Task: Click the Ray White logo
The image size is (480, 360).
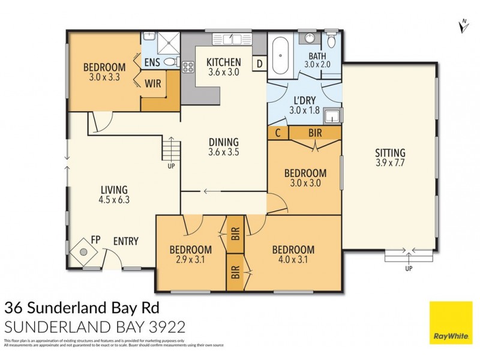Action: (x=451, y=323)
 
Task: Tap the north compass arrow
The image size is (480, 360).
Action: (x=463, y=25)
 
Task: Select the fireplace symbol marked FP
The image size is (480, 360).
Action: (x=82, y=251)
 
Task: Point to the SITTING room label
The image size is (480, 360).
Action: (x=391, y=153)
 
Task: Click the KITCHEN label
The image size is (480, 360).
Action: (x=224, y=62)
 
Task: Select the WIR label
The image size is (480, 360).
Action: (x=152, y=84)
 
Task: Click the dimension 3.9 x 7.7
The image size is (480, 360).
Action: (x=391, y=163)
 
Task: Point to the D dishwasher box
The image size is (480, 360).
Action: (x=260, y=62)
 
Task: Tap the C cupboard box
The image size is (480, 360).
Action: (x=278, y=133)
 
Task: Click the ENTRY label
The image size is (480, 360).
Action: (x=125, y=241)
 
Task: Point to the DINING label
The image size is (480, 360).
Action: (x=224, y=142)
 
